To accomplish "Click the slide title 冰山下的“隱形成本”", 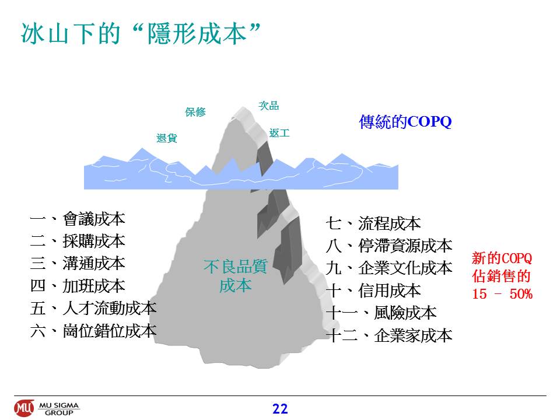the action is [141, 34].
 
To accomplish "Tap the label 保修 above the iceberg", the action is [195, 112].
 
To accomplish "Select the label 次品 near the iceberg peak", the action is [268, 106].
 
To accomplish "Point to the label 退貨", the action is [167, 138].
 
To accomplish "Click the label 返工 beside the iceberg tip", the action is [279, 133].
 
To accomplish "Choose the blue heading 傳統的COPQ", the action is [405, 121].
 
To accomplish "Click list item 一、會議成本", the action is [78, 219].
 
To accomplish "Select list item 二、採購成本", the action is [78, 241].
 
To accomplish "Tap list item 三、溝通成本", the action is [78, 264].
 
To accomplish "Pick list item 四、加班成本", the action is [78, 286].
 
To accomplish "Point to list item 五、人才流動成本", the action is [93, 308].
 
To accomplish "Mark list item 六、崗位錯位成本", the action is [93, 331].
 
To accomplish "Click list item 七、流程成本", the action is [373, 223].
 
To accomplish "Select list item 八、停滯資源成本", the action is [389, 246].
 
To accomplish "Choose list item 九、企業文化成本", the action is [389, 268].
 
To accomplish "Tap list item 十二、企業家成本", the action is [389, 335].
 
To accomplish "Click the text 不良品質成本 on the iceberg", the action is [235, 276].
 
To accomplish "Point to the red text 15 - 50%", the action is [502, 294].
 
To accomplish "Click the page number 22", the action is [280, 409].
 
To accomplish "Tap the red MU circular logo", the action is [24, 408].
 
